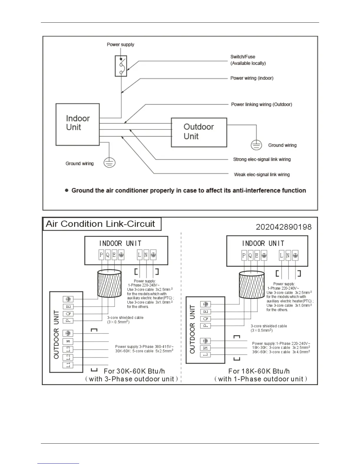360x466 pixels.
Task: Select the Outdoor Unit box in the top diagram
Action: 199,132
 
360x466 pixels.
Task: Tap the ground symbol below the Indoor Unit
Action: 109,163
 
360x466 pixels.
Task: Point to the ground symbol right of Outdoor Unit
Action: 256,145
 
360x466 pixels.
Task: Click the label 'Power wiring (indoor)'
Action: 252,78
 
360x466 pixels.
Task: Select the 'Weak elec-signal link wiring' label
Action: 262,174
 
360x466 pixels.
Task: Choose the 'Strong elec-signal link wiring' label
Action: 262,159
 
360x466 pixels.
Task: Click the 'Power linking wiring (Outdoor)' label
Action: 261,104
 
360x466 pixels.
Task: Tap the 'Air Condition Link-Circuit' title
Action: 100,224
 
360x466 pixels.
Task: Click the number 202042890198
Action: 284,227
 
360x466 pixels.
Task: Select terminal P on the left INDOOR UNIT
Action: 101,255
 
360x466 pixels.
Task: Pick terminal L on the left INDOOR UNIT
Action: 139,255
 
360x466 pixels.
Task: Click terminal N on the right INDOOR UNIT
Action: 288,256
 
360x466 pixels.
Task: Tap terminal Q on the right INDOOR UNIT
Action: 250,256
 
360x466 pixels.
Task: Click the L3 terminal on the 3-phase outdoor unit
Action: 68,349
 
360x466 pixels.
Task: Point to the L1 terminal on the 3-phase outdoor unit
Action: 68,365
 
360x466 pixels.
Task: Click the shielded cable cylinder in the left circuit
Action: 109,284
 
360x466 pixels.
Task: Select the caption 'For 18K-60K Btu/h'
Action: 259,371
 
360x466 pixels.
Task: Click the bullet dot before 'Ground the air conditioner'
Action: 67,190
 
